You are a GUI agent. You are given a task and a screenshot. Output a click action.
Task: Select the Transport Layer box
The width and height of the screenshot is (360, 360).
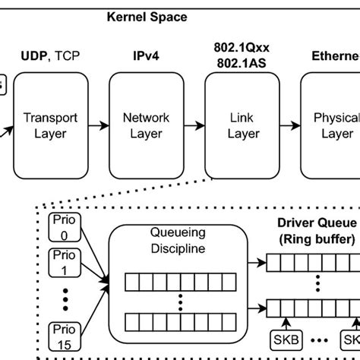click(x=50, y=125)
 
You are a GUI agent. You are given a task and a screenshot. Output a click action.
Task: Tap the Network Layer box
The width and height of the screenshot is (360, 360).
click(x=146, y=125)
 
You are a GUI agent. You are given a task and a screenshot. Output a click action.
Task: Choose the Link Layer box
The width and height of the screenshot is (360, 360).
click(x=242, y=125)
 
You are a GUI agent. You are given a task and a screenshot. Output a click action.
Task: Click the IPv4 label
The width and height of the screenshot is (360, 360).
click(x=146, y=56)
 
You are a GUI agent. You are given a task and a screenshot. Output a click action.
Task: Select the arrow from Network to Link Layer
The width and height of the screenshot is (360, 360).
click(x=194, y=125)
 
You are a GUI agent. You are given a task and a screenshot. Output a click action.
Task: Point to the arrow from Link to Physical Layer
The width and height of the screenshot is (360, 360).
click(x=289, y=125)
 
